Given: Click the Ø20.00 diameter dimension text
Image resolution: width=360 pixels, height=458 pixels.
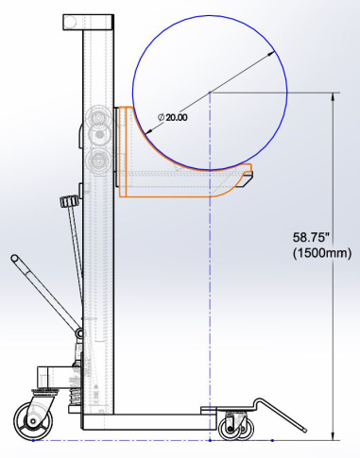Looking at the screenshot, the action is pyautogui.click(x=172, y=117).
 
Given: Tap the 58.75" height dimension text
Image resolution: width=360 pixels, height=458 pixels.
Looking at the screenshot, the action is pyautogui.click(x=309, y=237).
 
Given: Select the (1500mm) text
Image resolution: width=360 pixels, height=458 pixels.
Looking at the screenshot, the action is pyautogui.click(x=322, y=253).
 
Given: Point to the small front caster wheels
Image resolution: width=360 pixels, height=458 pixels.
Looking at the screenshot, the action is pyautogui.click(x=236, y=429).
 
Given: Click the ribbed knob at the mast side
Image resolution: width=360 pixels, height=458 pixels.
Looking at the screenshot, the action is pyautogui.click(x=68, y=201).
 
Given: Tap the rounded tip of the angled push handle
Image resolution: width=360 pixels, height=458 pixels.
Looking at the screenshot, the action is pyautogui.click(x=14, y=259).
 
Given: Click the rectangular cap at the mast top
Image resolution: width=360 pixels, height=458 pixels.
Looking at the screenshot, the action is pyautogui.click(x=89, y=22).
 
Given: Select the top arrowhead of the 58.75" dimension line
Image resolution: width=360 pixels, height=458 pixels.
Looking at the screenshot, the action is pyautogui.click(x=333, y=97).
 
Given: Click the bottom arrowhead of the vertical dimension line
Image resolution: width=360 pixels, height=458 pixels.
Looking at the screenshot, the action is pyautogui.click(x=333, y=436).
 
